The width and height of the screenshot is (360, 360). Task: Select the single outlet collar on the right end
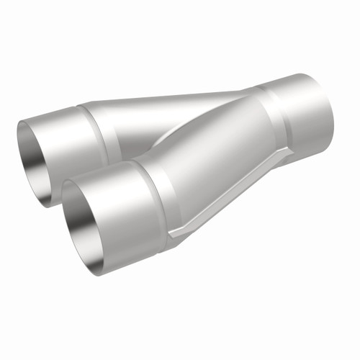(302, 115)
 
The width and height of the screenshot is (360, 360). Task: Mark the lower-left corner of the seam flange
(173, 234)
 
